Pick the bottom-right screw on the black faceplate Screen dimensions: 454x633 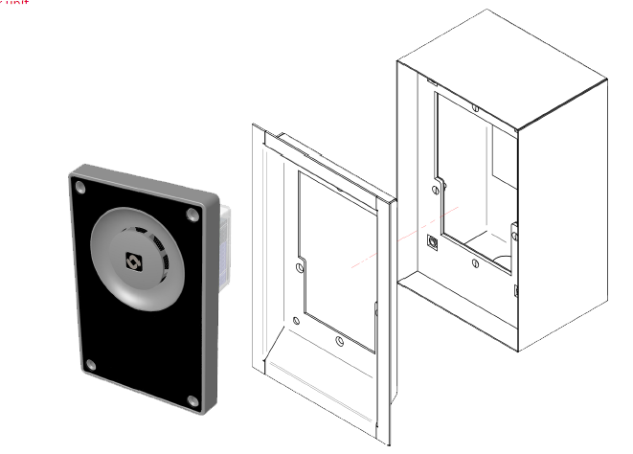(192, 399)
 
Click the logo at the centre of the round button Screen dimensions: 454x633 (133, 259)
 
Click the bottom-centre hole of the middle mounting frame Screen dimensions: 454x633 (340, 339)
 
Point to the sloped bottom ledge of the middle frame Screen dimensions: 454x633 (316, 383)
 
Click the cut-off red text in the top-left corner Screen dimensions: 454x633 (14, 3)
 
